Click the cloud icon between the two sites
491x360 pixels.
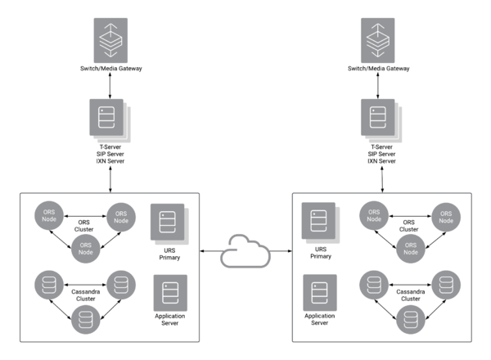tap(245, 261)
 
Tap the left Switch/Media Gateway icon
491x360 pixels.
tap(110, 40)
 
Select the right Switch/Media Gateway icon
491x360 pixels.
tap(377, 40)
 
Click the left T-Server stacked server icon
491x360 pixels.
tap(110, 120)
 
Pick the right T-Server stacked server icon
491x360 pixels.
tap(381, 120)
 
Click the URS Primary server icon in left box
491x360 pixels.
tap(169, 224)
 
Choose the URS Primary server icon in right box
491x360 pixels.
tap(321, 223)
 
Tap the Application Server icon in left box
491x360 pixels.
tap(170, 293)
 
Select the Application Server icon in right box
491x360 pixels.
tap(320, 292)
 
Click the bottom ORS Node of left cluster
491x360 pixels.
tap(85, 249)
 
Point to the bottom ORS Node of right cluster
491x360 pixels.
tap(411, 249)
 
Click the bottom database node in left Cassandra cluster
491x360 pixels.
tap(85, 320)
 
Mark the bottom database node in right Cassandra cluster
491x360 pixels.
tap(411, 320)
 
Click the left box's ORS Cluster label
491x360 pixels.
tap(84, 226)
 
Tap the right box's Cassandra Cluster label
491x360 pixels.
tap(411, 295)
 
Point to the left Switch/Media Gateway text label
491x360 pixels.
tap(110, 69)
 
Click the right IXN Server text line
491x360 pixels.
tap(381, 161)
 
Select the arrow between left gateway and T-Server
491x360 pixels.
tap(110, 86)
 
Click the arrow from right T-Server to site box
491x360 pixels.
tap(382, 179)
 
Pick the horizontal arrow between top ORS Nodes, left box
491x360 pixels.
tap(85, 216)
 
